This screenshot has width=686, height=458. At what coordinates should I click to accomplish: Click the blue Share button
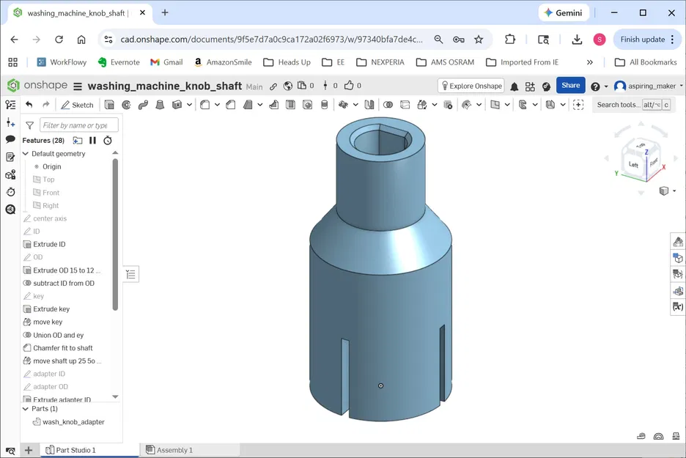(x=570, y=86)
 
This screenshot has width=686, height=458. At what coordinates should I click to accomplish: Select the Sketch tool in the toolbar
(x=77, y=105)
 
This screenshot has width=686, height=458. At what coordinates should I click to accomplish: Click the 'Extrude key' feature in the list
(x=51, y=309)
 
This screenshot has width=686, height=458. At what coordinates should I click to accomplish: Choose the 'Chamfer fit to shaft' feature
(x=62, y=348)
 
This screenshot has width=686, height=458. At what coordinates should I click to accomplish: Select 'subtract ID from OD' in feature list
(x=63, y=284)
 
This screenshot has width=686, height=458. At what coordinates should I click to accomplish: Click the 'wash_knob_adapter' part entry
(x=73, y=422)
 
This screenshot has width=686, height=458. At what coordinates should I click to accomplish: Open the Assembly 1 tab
(x=174, y=450)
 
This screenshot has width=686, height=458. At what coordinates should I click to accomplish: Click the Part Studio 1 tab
(x=75, y=450)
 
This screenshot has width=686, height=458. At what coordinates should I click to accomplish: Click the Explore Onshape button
(x=471, y=86)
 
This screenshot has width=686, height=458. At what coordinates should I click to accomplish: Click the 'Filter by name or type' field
(x=78, y=125)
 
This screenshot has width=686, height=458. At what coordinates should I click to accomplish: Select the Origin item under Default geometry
(x=51, y=167)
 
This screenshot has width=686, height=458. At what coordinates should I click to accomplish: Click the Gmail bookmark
(x=166, y=62)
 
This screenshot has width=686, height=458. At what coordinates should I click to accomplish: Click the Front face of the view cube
(x=652, y=161)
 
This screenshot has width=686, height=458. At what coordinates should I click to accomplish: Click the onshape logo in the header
(x=38, y=86)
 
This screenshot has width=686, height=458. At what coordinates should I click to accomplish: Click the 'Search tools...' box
(x=618, y=105)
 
